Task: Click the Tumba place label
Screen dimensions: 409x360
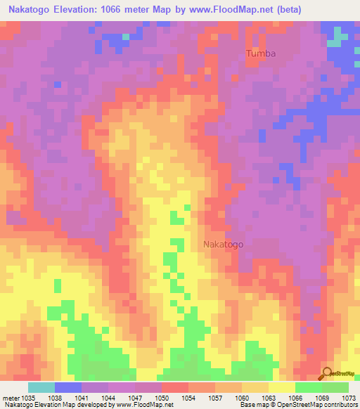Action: click(260, 53)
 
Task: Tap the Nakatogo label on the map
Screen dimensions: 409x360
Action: click(223, 245)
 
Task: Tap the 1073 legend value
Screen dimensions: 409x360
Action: click(349, 397)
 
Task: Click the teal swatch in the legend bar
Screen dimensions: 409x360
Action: click(41, 387)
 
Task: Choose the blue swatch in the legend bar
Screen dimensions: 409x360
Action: click(68, 387)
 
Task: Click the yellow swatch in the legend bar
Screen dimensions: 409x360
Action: click(281, 387)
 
